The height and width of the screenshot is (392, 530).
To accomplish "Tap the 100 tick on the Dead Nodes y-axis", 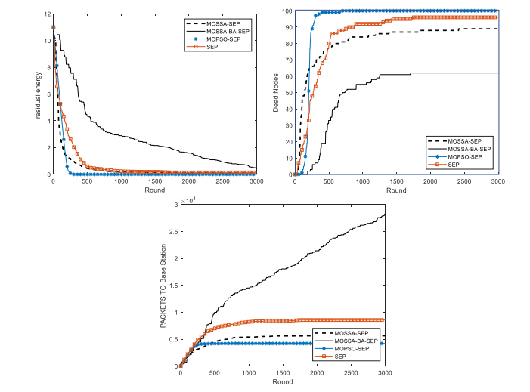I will point(288,11).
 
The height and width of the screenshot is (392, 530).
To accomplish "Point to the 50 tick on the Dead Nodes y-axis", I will point(290,93).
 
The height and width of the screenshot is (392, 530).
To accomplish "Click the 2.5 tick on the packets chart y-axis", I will point(172,232).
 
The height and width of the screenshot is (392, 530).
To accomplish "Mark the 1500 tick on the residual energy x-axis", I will point(154,181).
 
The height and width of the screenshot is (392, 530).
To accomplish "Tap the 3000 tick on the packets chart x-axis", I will point(385,374).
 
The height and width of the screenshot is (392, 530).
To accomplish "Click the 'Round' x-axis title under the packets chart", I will point(283,382).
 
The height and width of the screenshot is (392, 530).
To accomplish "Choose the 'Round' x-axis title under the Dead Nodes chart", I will point(396,190).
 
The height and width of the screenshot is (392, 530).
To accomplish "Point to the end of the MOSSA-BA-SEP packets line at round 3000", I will point(385,215).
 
